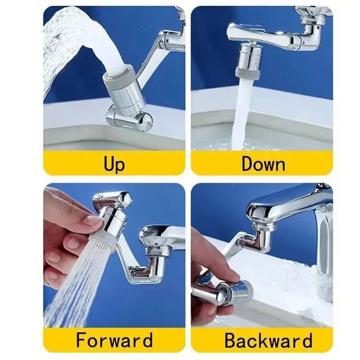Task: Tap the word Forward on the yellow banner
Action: pos(114,340)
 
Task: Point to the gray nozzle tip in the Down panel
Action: pos(247,72)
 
